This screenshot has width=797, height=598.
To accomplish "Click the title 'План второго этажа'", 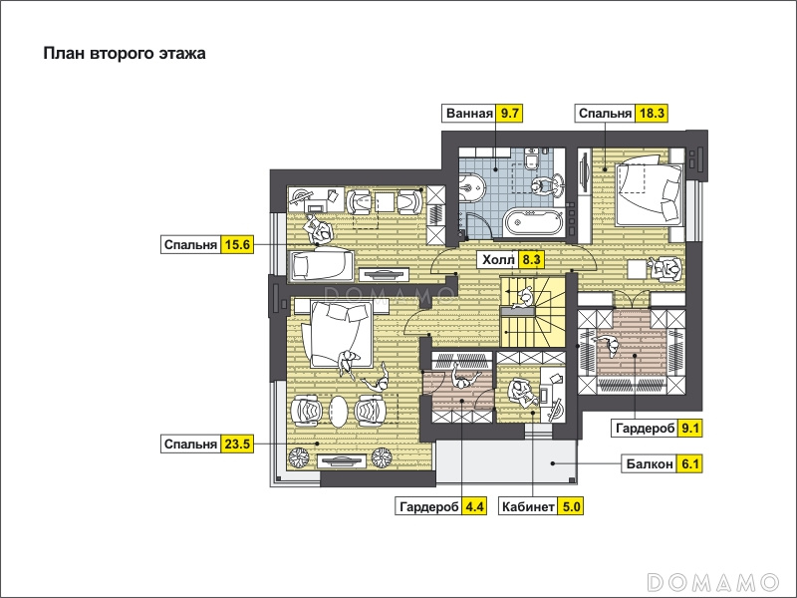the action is click(125, 54).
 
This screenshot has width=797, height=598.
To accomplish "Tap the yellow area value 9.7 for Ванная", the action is click(509, 113).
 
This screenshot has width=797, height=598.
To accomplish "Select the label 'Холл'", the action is click(498, 260).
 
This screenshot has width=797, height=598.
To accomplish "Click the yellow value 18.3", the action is click(652, 113).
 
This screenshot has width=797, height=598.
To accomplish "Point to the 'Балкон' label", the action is click(650, 463).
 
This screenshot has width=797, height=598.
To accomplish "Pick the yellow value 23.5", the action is click(237, 444).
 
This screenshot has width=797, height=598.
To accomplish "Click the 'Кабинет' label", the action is click(528, 506).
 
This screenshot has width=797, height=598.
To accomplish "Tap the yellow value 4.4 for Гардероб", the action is click(474, 506).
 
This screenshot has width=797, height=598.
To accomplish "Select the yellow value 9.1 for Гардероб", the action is click(689, 429).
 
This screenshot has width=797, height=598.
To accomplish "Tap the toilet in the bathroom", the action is click(532, 158).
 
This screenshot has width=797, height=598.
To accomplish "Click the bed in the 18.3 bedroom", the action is click(649, 193).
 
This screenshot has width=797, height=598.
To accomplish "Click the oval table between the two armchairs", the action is click(339, 410).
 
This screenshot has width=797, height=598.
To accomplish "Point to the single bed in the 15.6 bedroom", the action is click(321, 265).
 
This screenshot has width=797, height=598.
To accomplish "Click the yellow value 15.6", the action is click(237, 244).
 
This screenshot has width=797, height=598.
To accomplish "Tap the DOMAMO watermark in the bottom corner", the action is click(713, 581).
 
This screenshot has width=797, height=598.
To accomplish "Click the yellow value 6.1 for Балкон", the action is click(689, 463).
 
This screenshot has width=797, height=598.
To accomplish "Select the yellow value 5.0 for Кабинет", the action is click(570, 506).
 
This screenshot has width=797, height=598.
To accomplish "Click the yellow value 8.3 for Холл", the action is click(531, 260).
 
